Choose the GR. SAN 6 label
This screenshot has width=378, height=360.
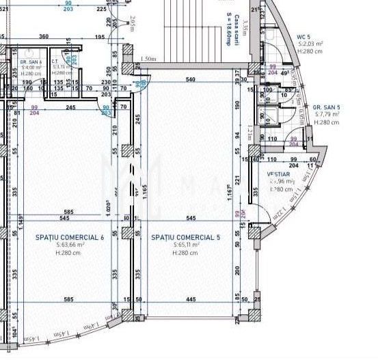click(x=31, y=61)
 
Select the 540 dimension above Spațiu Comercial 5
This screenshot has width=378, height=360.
click(x=191, y=81)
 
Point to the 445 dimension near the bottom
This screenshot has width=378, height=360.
click(x=191, y=299)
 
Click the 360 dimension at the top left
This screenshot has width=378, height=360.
click(x=44, y=36)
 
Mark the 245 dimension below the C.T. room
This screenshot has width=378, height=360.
click(x=70, y=107)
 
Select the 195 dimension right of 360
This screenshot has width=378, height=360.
click(x=100, y=36)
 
